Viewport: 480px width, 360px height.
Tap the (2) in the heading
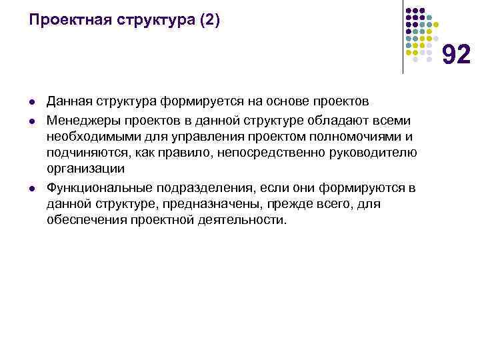(x=205, y=21)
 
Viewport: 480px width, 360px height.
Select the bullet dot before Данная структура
(x=31, y=102)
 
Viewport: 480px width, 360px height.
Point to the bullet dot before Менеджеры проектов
(x=31, y=120)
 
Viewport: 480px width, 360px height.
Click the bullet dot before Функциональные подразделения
(x=31, y=187)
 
